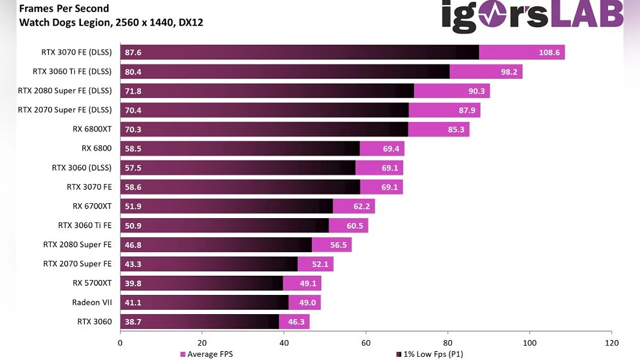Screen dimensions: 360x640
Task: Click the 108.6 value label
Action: click(x=549, y=53)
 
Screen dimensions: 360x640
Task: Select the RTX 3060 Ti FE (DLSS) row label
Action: click(x=72, y=71)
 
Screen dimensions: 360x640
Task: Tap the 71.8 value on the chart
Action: click(x=133, y=91)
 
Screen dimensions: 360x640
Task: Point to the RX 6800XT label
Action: click(x=92, y=129)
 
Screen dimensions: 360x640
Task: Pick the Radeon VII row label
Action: click(x=92, y=302)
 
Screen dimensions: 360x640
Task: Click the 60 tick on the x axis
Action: click(x=366, y=343)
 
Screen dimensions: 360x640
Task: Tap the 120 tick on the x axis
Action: click(x=611, y=343)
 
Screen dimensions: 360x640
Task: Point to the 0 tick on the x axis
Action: click(x=121, y=343)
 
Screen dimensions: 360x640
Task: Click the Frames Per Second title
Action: click(x=64, y=9)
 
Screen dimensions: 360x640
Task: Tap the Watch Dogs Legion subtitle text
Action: click(x=111, y=22)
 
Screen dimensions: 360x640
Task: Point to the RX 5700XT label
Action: click(x=92, y=283)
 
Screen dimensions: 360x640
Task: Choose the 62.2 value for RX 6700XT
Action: click(x=360, y=206)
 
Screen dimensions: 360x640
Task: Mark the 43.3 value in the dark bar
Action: click(x=133, y=264)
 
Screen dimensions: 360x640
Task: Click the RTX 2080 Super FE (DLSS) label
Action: click(x=65, y=91)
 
